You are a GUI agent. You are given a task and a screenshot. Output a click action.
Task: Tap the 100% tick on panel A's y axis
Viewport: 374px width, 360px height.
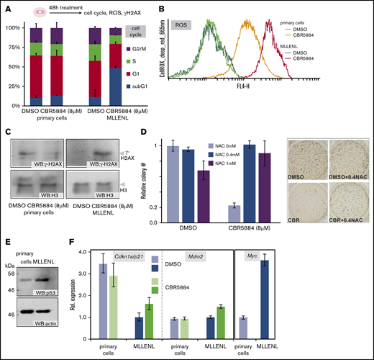pos(14,27)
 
